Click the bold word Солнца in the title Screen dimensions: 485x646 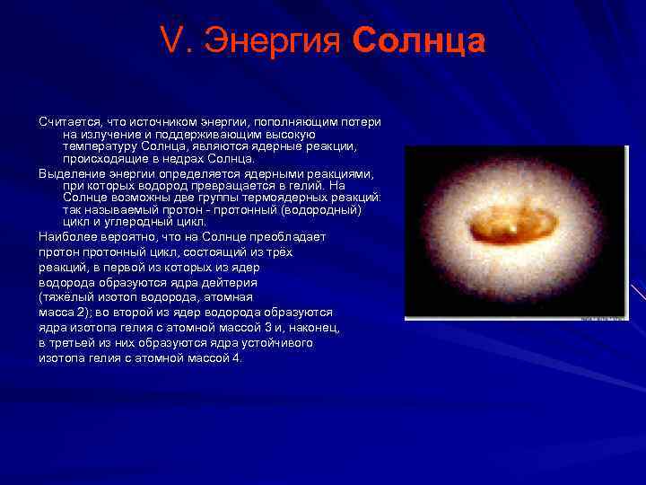tap(419, 42)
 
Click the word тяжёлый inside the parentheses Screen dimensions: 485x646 tap(65, 297)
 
